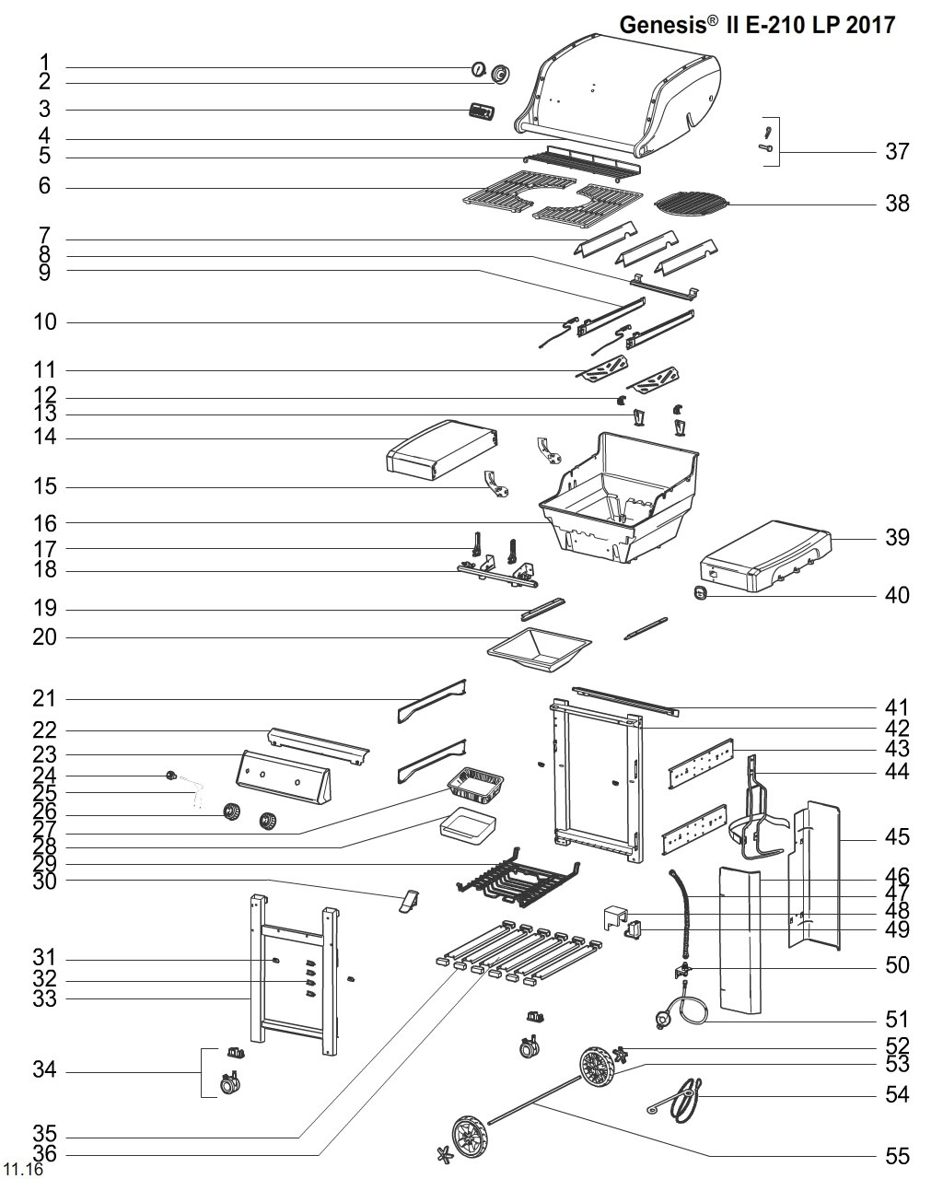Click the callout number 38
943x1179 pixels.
(897, 203)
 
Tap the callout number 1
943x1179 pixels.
(45, 64)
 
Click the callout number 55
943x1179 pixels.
(897, 1155)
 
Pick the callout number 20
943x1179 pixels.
(45, 636)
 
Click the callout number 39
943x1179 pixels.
(897, 536)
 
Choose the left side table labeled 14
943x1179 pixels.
(443, 449)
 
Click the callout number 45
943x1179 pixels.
(897, 836)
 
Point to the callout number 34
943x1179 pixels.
(45, 1070)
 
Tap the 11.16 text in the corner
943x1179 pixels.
(23, 1170)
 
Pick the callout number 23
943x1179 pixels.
(45, 754)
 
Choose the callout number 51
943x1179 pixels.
(897, 1019)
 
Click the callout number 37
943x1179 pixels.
(897, 151)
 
